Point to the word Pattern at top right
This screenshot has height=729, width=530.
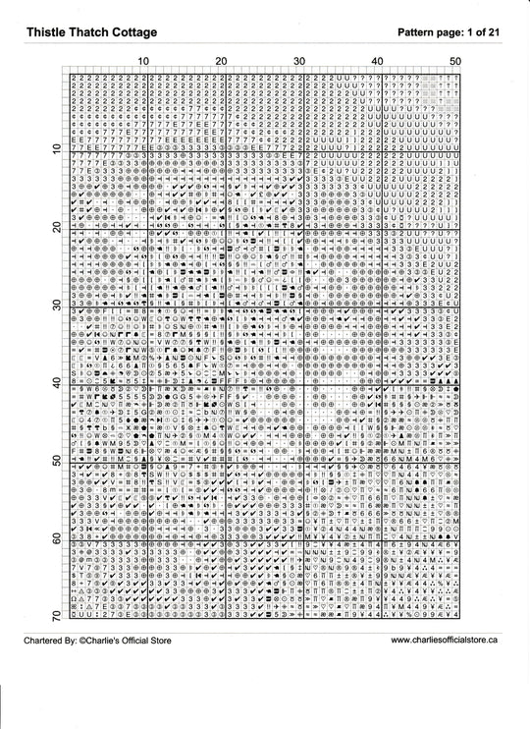pos(421,33)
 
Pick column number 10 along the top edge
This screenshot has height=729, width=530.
pos(143,62)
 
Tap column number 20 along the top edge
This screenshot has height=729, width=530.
pos(221,62)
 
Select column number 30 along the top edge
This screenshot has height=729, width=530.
pos(299,62)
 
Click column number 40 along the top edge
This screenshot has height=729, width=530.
pos(377,62)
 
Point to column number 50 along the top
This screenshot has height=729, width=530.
pos(454,62)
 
